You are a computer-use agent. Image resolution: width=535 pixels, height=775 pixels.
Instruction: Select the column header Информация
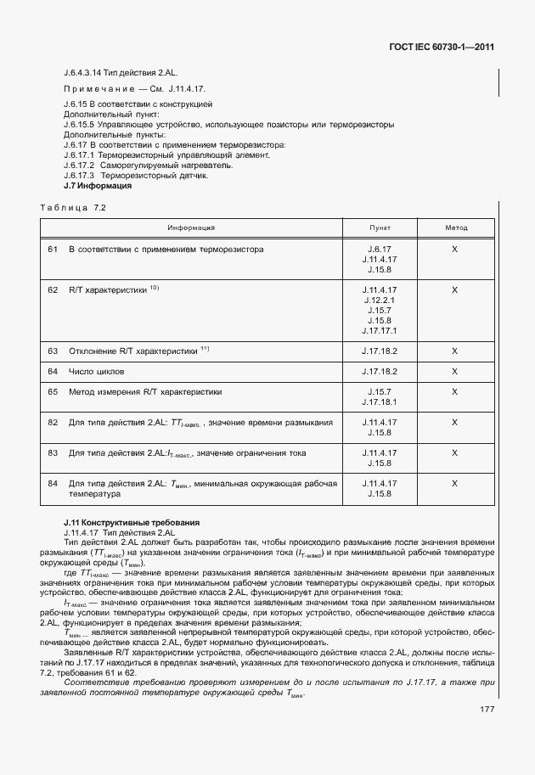coord(190,227)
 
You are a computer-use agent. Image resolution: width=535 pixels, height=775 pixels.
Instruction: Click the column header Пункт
coord(380,227)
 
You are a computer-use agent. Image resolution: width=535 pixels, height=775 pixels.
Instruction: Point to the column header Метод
coord(456,227)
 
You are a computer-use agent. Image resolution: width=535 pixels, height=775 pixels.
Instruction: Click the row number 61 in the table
coord(53,250)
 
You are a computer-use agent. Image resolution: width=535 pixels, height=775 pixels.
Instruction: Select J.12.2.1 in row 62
coord(380,300)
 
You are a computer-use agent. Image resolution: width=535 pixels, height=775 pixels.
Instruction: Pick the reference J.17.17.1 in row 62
coord(380,331)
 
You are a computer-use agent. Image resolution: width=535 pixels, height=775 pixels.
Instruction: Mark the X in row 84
coord(455,483)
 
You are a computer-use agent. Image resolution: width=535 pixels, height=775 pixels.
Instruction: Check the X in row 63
coord(455,350)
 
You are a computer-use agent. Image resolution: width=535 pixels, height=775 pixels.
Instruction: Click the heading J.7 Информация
coord(98,185)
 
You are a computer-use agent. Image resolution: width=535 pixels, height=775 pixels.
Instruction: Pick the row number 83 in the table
coord(53,452)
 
